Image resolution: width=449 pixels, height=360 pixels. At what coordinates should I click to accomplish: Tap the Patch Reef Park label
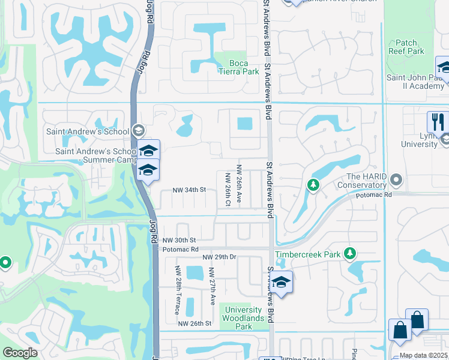[x=406, y=47]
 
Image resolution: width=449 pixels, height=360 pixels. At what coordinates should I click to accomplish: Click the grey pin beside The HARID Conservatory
[x=396, y=179]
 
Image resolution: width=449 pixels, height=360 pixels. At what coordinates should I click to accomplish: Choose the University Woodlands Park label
[x=244, y=318]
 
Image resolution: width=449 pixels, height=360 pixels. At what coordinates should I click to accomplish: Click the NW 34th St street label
[x=189, y=190]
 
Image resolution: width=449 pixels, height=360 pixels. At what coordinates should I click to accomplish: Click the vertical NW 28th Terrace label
[x=177, y=290]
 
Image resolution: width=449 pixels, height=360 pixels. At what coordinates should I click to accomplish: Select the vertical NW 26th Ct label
[x=228, y=190]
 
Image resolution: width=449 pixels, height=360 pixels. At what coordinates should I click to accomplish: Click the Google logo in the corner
[x=20, y=353]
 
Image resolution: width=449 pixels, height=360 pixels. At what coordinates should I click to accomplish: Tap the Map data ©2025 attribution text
[x=423, y=355]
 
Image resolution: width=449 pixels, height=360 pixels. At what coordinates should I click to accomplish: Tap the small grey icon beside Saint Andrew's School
[x=139, y=131]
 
